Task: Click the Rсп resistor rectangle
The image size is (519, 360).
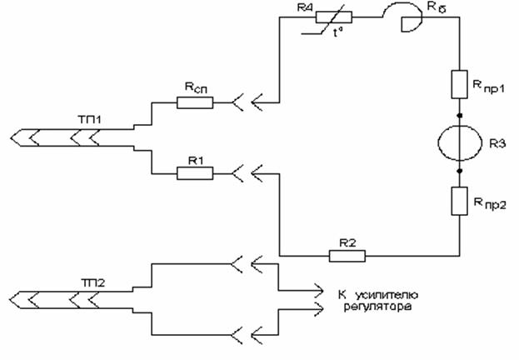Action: [194, 102]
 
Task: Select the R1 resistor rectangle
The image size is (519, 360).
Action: [194, 172]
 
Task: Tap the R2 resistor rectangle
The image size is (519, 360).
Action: [347, 255]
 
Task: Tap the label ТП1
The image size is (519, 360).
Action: [96, 122]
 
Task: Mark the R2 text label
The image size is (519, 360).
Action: [347, 242]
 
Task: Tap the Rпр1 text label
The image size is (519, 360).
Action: [490, 87]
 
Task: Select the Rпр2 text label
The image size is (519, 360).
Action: [490, 202]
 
